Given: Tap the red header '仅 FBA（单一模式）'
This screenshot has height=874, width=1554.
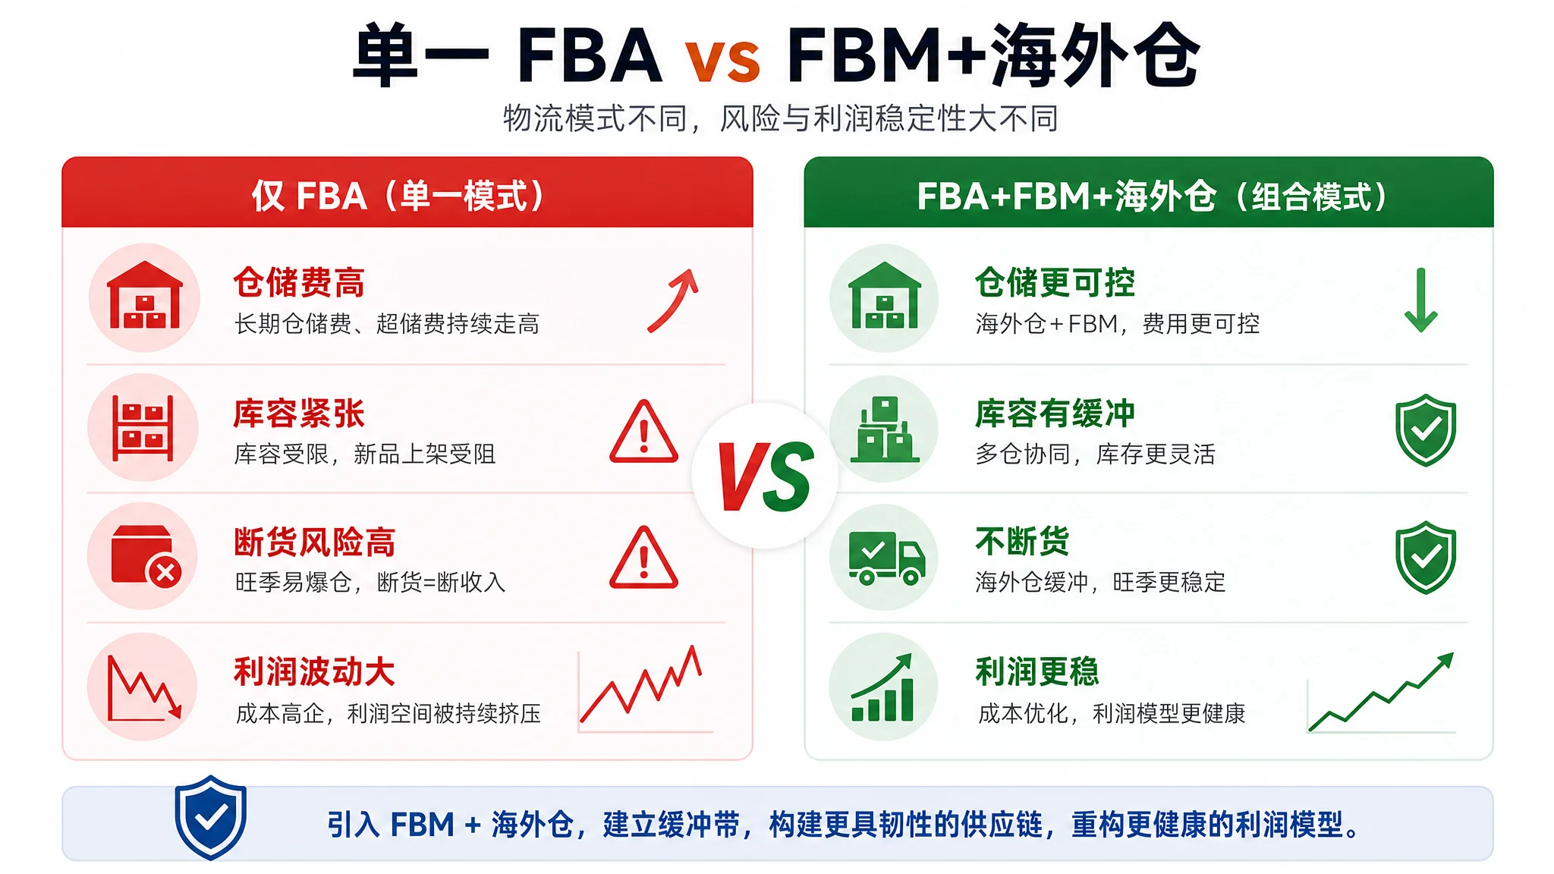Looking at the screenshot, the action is [x=398, y=196].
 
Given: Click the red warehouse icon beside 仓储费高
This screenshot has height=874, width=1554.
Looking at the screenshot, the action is [x=145, y=296].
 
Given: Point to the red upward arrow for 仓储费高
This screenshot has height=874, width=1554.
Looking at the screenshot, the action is [x=674, y=300].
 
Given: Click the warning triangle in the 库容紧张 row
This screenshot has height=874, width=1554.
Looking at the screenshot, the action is [x=643, y=431].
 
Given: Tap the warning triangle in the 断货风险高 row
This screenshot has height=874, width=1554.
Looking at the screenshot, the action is [x=643, y=558].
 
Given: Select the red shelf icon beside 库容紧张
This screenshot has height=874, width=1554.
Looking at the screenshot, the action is [x=143, y=428].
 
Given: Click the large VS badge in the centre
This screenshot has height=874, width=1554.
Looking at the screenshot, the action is [x=766, y=476].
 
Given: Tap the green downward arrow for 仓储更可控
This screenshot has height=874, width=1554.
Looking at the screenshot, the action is [x=1421, y=300].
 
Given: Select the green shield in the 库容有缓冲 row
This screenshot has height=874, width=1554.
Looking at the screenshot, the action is [x=1426, y=430].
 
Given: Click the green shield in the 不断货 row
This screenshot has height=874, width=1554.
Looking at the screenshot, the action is [x=1426, y=558].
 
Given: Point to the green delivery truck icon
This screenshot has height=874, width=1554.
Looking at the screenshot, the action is [x=886, y=558].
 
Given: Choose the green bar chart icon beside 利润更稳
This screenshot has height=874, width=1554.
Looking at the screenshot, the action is [x=882, y=687].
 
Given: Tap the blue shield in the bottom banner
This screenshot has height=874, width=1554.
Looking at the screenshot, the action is [x=210, y=817].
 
